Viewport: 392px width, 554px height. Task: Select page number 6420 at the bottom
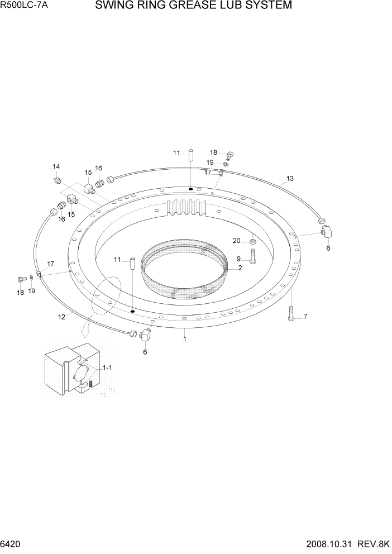pyautogui.click(x=12, y=543)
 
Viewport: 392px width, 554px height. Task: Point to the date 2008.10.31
pyautogui.click(x=324, y=543)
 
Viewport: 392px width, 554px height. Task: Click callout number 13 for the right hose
pyautogui.click(x=290, y=179)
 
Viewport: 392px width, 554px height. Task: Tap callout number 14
pyautogui.click(x=56, y=166)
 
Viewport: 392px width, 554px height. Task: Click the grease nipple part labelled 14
pyautogui.click(x=57, y=180)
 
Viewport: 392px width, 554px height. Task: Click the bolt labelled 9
pyautogui.click(x=252, y=257)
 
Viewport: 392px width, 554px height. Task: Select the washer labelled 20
pyautogui.click(x=252, y=241)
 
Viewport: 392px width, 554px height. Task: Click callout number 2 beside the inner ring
pyautogui.click(x=240, y=268)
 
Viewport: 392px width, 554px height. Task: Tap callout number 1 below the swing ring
pyautogui.click(x=185, y=338)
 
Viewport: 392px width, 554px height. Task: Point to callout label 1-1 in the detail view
pyautogui.click(x=107, y=368)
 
